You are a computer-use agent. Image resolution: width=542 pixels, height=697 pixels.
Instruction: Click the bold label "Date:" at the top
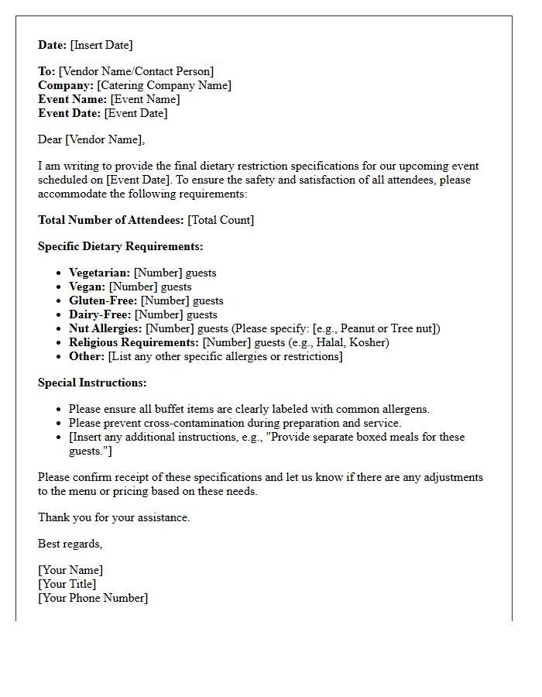point(52,45)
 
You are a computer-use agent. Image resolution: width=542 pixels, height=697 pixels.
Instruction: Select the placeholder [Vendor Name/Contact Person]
point(136,71)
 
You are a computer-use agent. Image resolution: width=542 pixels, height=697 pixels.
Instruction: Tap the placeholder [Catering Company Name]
point(164,85)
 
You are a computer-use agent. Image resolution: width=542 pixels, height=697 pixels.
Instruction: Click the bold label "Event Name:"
point(73,99)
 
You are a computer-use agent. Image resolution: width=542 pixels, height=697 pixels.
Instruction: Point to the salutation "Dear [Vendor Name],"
point(91,139)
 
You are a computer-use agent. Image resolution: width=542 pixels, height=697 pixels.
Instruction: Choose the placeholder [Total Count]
point(221,220)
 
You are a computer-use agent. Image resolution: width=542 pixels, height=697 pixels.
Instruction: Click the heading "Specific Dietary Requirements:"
point(121,246)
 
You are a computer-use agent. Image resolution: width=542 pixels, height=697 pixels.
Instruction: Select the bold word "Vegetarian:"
point(99,273)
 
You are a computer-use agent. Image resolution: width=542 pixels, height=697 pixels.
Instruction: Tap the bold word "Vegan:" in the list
point(87,287)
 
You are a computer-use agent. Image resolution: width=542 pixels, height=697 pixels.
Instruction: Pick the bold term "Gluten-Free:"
point(103,300)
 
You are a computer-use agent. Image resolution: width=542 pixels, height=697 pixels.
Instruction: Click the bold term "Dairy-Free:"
point(100,314)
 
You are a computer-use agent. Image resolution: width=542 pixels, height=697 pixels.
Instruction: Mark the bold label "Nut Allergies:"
point(105,328)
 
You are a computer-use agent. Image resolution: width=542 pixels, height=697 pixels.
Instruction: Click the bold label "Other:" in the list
point(87,356)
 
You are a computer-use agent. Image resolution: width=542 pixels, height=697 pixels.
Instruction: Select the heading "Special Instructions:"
point(92,383)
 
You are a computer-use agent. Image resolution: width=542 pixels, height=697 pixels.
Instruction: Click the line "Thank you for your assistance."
point(114,517)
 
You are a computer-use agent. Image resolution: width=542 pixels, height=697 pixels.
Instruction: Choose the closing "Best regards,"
point(70,544)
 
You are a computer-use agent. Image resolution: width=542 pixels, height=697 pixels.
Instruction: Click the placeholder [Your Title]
point(67,584)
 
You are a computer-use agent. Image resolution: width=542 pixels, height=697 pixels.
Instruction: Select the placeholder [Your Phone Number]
point(93,598)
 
